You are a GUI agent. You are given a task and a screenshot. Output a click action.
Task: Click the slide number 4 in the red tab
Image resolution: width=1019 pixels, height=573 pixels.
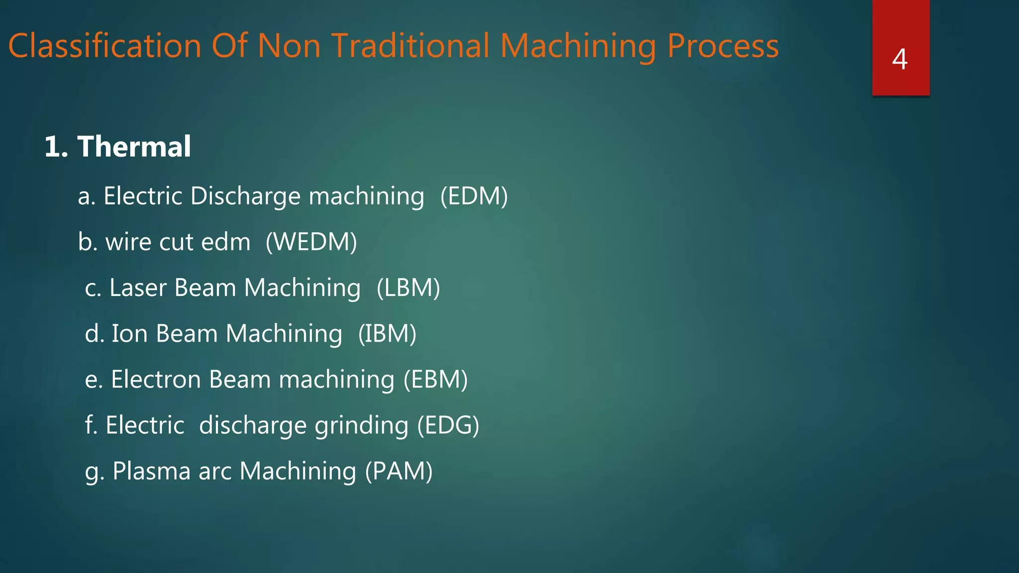[x=900, y=59]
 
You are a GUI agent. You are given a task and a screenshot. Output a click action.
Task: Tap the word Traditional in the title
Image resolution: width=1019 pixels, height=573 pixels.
[x=410, y=46]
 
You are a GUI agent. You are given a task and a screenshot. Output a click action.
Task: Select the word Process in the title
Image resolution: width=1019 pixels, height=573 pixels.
[x=722, y=46]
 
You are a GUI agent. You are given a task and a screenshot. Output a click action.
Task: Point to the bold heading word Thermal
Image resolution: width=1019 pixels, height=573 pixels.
[x=134, y=147]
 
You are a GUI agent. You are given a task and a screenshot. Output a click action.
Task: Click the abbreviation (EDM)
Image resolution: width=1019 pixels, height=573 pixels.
[x=474, y=196]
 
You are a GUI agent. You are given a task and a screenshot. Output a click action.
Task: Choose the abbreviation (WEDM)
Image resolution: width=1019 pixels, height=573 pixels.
[x=311, y=242]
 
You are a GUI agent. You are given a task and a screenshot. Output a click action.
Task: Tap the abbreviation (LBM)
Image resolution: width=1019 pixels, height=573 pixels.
[x=408, y=288]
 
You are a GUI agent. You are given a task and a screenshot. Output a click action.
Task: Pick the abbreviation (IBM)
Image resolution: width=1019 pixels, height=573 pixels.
[x=387, y=334]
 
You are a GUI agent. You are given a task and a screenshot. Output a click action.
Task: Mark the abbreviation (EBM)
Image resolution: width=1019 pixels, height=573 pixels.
[x=435, y=380]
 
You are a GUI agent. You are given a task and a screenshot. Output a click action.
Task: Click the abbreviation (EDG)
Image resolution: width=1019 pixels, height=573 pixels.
[x=448, y=425]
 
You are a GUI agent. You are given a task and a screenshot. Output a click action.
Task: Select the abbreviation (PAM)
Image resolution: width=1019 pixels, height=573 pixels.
[x=399, y=471]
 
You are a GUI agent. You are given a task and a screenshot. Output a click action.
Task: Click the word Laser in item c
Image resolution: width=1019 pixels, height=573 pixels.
[x=138, y=288]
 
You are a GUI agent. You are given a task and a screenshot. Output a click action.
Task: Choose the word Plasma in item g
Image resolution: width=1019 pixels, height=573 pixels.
[x=151, y=471]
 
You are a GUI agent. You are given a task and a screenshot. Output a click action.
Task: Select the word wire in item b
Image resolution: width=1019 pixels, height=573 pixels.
[x=128, y=242]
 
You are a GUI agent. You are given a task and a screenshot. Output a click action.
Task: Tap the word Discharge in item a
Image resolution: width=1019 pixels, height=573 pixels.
[x=245, y=196]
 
